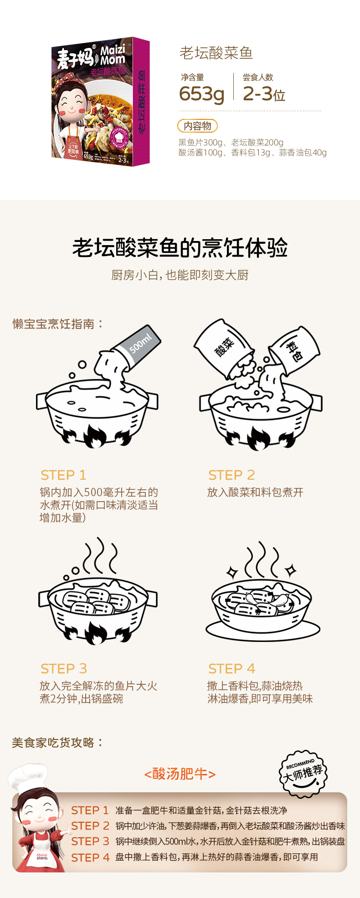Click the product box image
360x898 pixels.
(x=100, y=101)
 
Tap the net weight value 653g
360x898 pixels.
(x=201, y=94)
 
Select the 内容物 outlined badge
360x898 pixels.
(x=197, y=126)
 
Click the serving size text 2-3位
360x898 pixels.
(x=264, y=94)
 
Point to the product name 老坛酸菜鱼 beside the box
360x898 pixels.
(x=216, y=53)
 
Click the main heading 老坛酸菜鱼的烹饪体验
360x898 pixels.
(x=180, y=248)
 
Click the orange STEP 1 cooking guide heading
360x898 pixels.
(x=63, y=475)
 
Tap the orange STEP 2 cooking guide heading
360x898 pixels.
(x=231, y=475)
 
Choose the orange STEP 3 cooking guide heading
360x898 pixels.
(x=64, y=669)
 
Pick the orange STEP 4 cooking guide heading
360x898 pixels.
(x=231, y=669)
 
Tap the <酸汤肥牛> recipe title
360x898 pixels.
(x=180, y=774)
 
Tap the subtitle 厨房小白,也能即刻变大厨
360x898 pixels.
(x=180, y=275)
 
